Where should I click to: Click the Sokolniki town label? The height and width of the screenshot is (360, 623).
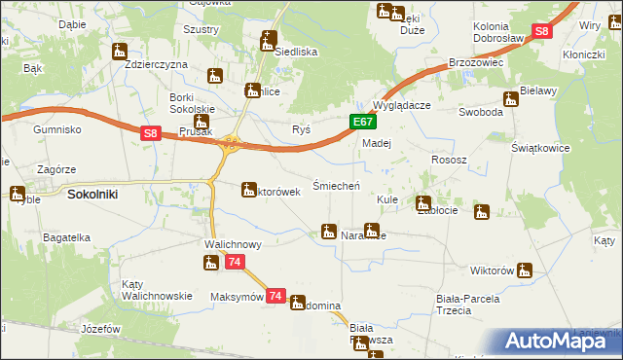(92, 195)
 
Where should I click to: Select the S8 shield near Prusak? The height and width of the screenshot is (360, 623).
(149, 134)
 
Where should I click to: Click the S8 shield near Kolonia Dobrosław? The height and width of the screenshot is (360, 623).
(543, 32)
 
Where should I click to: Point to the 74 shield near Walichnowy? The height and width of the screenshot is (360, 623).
(235, 263)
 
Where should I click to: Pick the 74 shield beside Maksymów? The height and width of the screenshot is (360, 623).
(275, 296)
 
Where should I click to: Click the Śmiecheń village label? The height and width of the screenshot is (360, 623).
(337, 185)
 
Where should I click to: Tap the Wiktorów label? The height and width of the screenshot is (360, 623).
(491, 270)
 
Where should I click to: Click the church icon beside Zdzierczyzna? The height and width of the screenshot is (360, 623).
(120, 51)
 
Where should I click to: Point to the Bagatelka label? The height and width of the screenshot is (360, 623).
(65, 236)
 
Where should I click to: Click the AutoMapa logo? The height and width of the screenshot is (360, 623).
(561, 341)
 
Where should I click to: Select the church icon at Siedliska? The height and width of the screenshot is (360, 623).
(269, 40)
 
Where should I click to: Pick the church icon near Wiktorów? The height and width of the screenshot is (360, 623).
(526, 270)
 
